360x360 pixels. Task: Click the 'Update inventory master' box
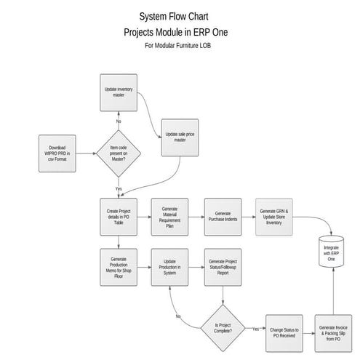point(119,93)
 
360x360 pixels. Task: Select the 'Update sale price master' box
point(180,137)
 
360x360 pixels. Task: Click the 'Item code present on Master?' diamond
point(119,153)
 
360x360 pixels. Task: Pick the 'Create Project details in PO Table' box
point(119,216)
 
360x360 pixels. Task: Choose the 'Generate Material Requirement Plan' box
point(170,216)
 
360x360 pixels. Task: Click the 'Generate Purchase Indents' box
point(223,216)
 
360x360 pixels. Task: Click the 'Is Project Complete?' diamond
point(223,327)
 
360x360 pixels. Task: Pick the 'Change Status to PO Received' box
point(284,331)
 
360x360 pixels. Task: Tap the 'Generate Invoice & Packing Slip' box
point(335,334)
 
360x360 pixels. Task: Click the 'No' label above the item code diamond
point(119,121)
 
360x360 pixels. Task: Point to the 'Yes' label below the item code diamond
point(119,188)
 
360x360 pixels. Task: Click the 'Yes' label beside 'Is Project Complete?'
point(256,329)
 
